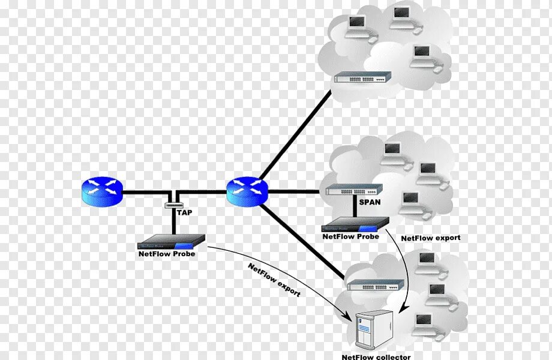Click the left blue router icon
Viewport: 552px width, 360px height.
101,190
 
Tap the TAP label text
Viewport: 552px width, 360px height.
184,212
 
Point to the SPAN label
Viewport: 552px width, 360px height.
370,202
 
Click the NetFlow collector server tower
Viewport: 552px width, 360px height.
373,329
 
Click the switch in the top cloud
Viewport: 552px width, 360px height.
363,77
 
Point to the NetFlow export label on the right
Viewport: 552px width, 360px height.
431,238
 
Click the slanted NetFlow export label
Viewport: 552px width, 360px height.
274,280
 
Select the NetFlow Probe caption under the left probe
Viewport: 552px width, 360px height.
166,254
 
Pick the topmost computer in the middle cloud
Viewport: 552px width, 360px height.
393,149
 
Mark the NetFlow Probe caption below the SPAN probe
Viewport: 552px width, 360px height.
351,236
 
